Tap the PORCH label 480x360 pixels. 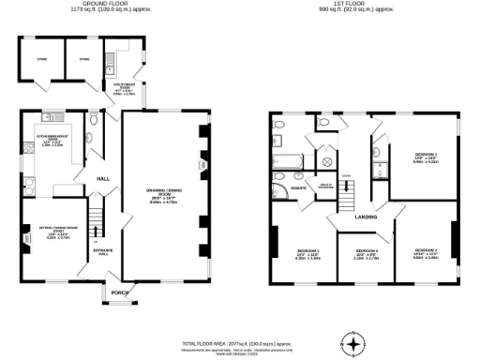[119, 292]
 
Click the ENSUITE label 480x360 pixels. [301, 188]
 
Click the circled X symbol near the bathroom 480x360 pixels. [327, 161]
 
